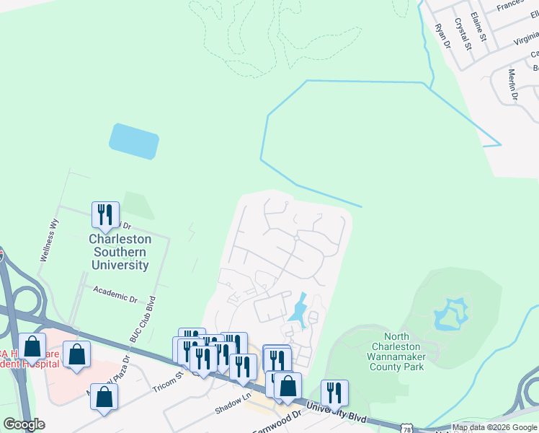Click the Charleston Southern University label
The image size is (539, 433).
click(120, 252)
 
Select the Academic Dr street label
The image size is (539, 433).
click(115, 296)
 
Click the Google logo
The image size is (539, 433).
click(24, 424)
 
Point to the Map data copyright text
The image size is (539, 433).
click(494, 427)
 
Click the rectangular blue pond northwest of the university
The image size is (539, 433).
click(134, 141)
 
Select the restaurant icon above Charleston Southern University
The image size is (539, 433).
click(105, 214)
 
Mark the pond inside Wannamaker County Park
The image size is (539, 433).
click(450, 315)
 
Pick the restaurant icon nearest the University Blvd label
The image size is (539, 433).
click(334, 393)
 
